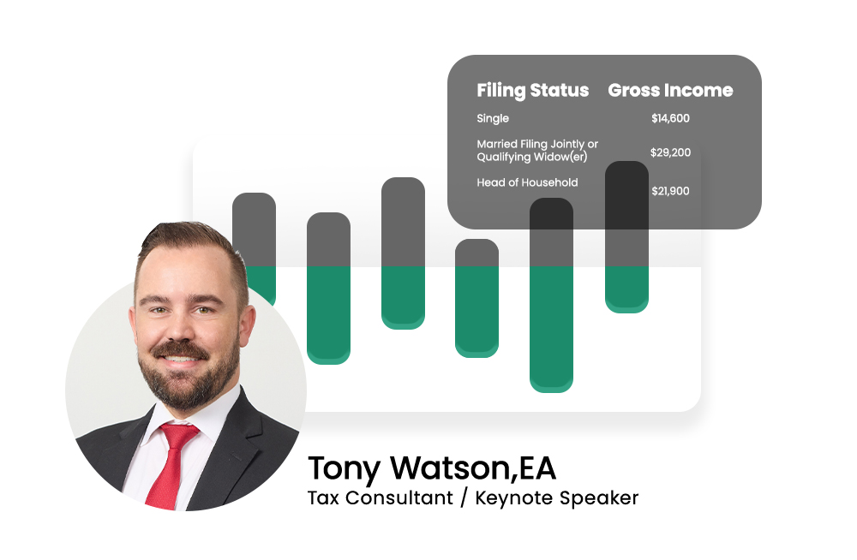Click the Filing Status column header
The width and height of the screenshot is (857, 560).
pos(533,91)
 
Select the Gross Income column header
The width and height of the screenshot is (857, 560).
pos(671,90)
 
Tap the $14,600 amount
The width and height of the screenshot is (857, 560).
pos(671,118)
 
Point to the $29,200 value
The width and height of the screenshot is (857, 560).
pos(671,152)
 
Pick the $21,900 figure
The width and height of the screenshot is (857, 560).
pos(671,191)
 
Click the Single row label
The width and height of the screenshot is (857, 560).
pos(493,118)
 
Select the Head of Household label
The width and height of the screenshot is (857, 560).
pos(527,182)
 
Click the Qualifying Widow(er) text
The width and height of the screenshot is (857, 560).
pos(532,158)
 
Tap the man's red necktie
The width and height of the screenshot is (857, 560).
pos(171,465)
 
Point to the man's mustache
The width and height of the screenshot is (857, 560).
pos(180,350)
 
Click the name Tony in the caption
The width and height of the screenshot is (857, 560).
pos(345,469)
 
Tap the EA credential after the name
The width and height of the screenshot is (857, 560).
pos(537,468)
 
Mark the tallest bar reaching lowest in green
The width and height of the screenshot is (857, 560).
pos(551,295)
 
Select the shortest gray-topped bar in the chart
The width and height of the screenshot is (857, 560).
pos(476,298)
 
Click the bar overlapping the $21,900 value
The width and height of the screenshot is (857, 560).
pos(627,236)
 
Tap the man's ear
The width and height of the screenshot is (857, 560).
pos(247,325)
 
